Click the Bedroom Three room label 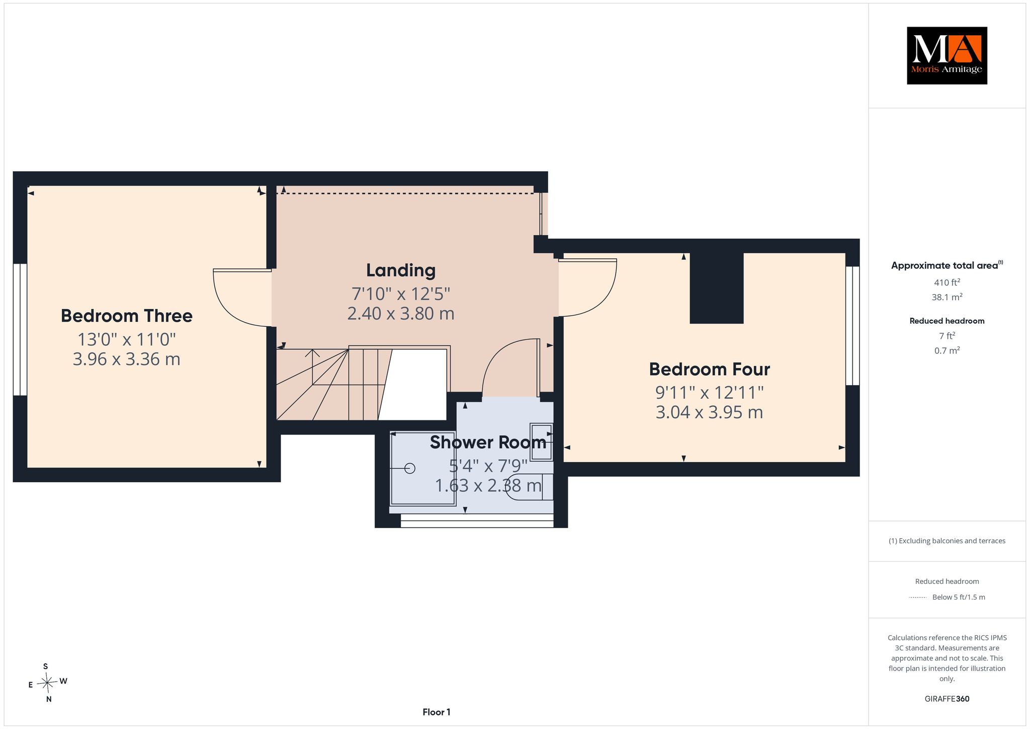coord(127,316)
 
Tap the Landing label coord(401,270)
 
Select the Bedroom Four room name coord(709,369)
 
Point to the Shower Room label coord(488,442)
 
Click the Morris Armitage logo coord(947,55)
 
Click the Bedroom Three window coord(20,330)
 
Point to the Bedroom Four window coord(852,326)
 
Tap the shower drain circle coord(410,468)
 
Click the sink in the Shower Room coord(542,442)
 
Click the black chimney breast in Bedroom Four coord(717,288)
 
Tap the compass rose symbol coord(47,683)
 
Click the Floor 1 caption coord(437,712)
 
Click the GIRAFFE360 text coord(947,699)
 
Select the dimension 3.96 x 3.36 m coord(127,359)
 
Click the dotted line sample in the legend coord(918,598)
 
